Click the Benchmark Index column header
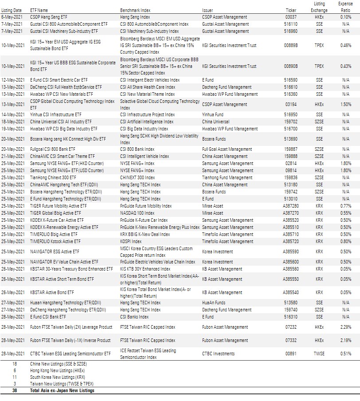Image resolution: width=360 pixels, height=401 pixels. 135,10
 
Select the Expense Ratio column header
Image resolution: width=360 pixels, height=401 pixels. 345,7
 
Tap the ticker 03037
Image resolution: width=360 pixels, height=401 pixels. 291,17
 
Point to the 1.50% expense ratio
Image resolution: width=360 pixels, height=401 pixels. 346,105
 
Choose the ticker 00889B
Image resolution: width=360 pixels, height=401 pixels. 291,45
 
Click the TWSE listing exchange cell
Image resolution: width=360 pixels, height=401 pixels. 319,354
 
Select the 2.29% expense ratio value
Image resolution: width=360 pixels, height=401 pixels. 346,327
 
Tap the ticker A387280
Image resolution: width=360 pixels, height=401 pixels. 291,206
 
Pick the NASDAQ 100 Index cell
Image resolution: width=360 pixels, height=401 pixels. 137,213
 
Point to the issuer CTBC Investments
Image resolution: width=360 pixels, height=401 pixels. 219,354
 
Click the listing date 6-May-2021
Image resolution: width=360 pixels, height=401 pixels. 12,17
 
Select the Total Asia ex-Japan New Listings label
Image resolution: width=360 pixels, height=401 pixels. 62,391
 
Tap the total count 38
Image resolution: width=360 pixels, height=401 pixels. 15,391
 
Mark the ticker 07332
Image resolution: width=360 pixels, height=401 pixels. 291,340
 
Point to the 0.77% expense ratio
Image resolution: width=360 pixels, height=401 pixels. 346,206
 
